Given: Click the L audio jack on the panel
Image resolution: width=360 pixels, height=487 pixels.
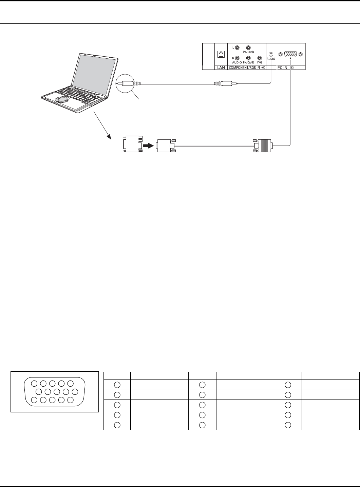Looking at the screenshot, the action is point(237,48).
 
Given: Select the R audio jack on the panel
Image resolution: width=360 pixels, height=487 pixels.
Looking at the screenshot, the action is point(237,58).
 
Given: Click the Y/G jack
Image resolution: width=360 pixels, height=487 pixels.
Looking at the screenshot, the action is point(260,58).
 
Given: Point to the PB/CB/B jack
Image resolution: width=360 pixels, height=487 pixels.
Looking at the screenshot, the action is point(248,48).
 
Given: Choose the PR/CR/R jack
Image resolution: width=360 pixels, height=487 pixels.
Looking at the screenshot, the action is point(248,58).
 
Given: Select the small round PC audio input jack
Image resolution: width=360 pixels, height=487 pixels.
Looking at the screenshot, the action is point(271,54).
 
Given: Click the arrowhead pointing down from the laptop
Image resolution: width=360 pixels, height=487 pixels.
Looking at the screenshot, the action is point(109,136).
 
